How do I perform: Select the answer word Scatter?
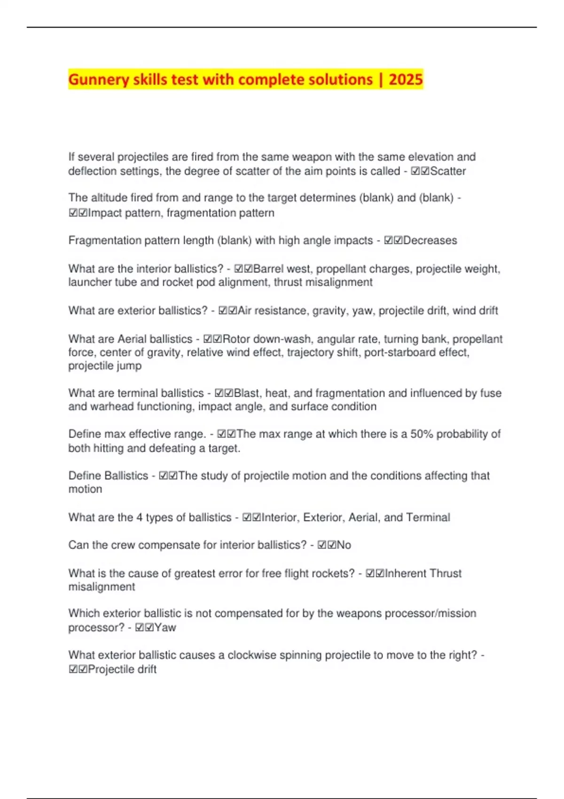(448, 171)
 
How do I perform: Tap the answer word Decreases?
(430, 240)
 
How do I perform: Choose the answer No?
(344, 545)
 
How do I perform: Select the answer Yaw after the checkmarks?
(165, 627)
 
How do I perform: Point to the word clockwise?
(252, 655)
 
